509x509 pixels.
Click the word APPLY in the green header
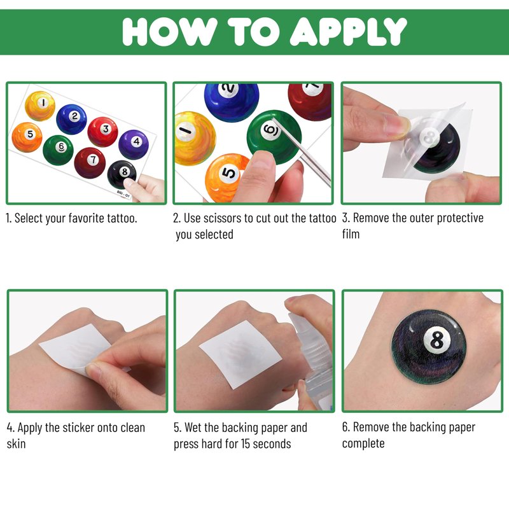point(348,31)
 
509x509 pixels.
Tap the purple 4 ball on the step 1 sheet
point(134,144)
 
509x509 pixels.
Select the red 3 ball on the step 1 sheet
point(103,132)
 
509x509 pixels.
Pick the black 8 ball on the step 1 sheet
point(122,174)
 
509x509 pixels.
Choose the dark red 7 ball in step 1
point(90,163)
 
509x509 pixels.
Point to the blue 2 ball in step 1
point(71,119)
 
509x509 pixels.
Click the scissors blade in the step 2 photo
point(302,152)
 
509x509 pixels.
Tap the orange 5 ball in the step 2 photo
point(224,178)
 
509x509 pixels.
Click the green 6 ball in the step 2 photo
point(274,137)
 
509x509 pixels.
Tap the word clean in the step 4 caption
point(132,428)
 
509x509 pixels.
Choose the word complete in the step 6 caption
point(363,443)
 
